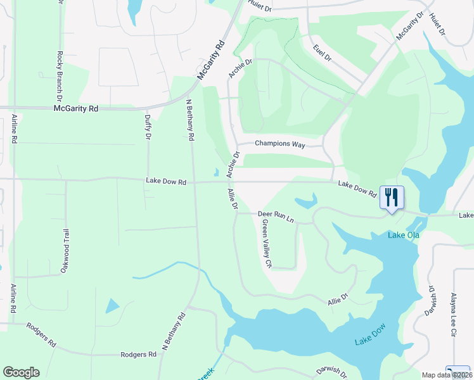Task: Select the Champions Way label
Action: click(280, 144)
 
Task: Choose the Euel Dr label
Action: click(322, 53)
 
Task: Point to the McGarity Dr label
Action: click(408, 27)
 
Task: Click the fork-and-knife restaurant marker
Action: click(391, 197)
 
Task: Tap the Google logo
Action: click(21, 372)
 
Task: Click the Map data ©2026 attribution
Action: click(446, 375)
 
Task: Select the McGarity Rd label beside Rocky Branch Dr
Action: click(76, 109)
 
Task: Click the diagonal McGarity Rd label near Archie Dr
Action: click(211, 60)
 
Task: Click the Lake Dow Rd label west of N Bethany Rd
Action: click(166, 181)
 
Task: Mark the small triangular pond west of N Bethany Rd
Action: click(112, 307)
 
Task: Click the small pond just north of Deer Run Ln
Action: click(306, 202)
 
